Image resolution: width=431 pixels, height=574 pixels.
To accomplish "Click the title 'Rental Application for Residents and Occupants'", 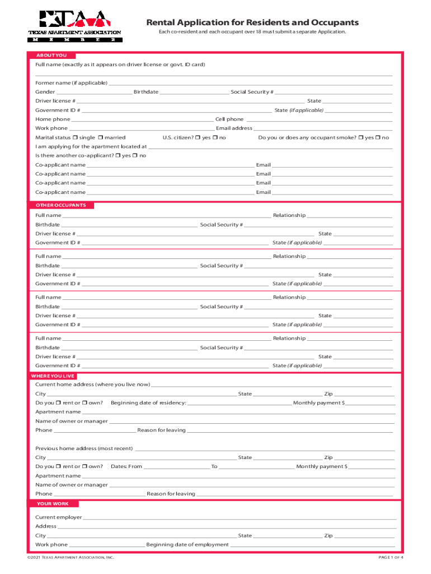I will click(x=252, y=22).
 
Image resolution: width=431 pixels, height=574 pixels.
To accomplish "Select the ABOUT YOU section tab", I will click(x=51, y=55).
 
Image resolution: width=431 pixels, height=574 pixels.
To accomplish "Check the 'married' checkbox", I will click(x=100, y=137).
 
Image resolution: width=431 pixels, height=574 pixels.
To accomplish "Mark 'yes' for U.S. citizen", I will click(x=199, y=137).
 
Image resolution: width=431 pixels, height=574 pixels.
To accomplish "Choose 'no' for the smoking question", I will click(x=378, y=137).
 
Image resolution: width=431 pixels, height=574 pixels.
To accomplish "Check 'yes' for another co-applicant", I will click(x=118, y=155).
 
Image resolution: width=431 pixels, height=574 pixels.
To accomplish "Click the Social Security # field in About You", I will click(x=333, y=92).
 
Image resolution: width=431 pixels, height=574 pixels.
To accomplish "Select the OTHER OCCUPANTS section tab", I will click(x=61, y=205).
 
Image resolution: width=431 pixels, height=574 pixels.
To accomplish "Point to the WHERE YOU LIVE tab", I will click(x=54, y=376).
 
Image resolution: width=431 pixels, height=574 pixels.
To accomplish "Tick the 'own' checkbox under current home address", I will click(x=85, y=403).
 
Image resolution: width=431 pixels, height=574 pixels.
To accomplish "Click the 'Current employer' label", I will click(x=58, y=517).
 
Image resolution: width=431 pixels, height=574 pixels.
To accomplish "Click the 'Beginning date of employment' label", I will click(x=187, y=544).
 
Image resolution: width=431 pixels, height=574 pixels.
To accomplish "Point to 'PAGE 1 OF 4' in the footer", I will click(x=391, y=558).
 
